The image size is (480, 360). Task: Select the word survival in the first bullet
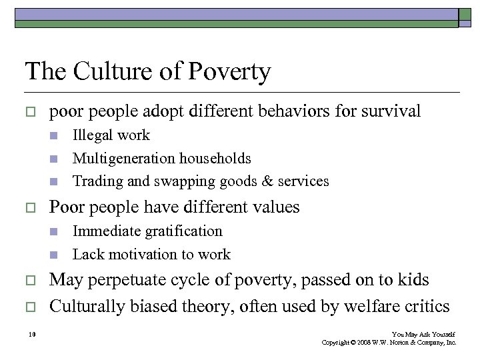(391, 111)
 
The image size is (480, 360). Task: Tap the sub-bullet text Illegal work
(111, 135)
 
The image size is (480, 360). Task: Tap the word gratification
(180, 231)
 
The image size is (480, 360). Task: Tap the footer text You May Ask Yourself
(424, 334)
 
